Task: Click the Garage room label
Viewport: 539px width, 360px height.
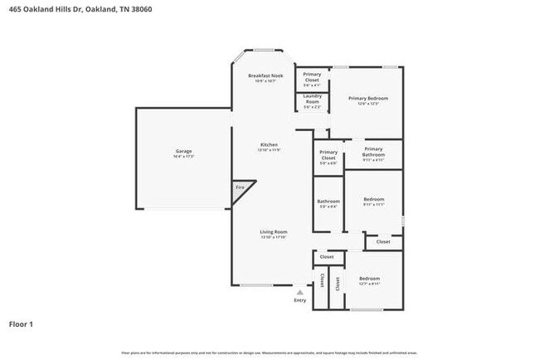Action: (x=183, y=151)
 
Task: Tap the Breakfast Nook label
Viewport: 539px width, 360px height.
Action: (x=265, y=76)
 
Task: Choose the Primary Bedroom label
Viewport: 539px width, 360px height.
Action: (x=367, y=98)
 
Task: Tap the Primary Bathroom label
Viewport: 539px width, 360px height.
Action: (x=372, y=151)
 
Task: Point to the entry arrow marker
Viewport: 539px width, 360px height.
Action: (x=299, y=292)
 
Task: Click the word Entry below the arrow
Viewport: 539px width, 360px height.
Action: (x=299, y=300)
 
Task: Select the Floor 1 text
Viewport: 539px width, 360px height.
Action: (x=21, y=324)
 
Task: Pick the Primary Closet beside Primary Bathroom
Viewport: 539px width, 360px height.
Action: (x=328, y=154)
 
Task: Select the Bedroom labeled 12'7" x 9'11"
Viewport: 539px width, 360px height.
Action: (x=369, y=278)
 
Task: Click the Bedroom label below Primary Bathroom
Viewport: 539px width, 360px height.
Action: (x=372, y=199)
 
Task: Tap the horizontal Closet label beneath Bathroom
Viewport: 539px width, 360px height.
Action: (x=327, y=257)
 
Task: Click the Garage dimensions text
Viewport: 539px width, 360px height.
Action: (x=183, y=156)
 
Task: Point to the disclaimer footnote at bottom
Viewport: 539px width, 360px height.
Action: (x=269, y=353)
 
